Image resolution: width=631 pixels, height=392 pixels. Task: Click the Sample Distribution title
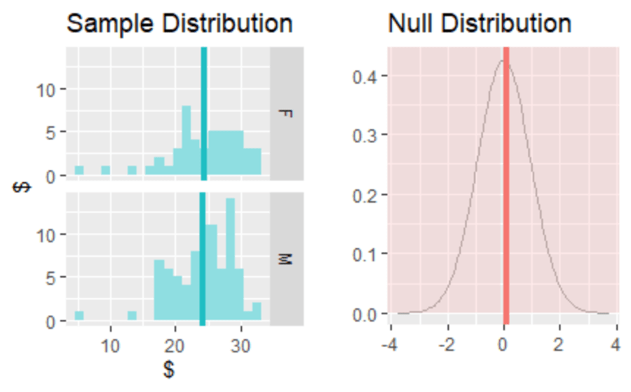coord(179,24)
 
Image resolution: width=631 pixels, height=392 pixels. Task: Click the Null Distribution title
coord(480,24)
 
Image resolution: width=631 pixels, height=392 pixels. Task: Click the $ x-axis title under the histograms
coord(168,370)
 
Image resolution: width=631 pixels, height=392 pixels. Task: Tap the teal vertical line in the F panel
coord(204,112)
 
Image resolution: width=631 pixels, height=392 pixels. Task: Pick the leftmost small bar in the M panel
coord(79,316)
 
